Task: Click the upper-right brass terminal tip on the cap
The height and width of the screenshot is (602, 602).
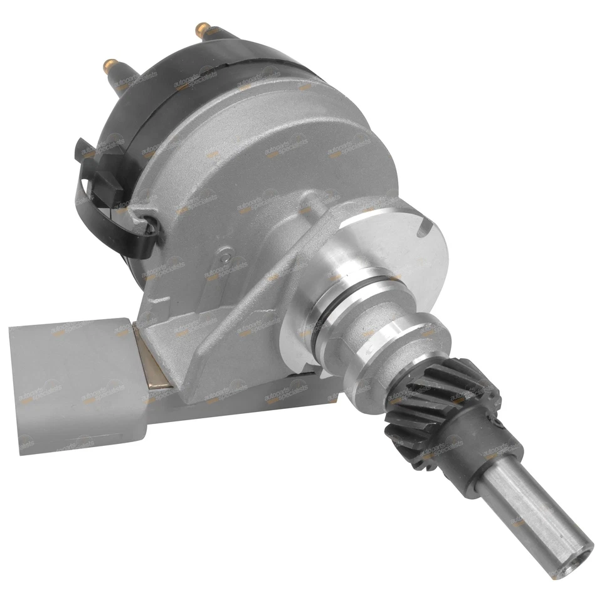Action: click(x=202, y=28)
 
